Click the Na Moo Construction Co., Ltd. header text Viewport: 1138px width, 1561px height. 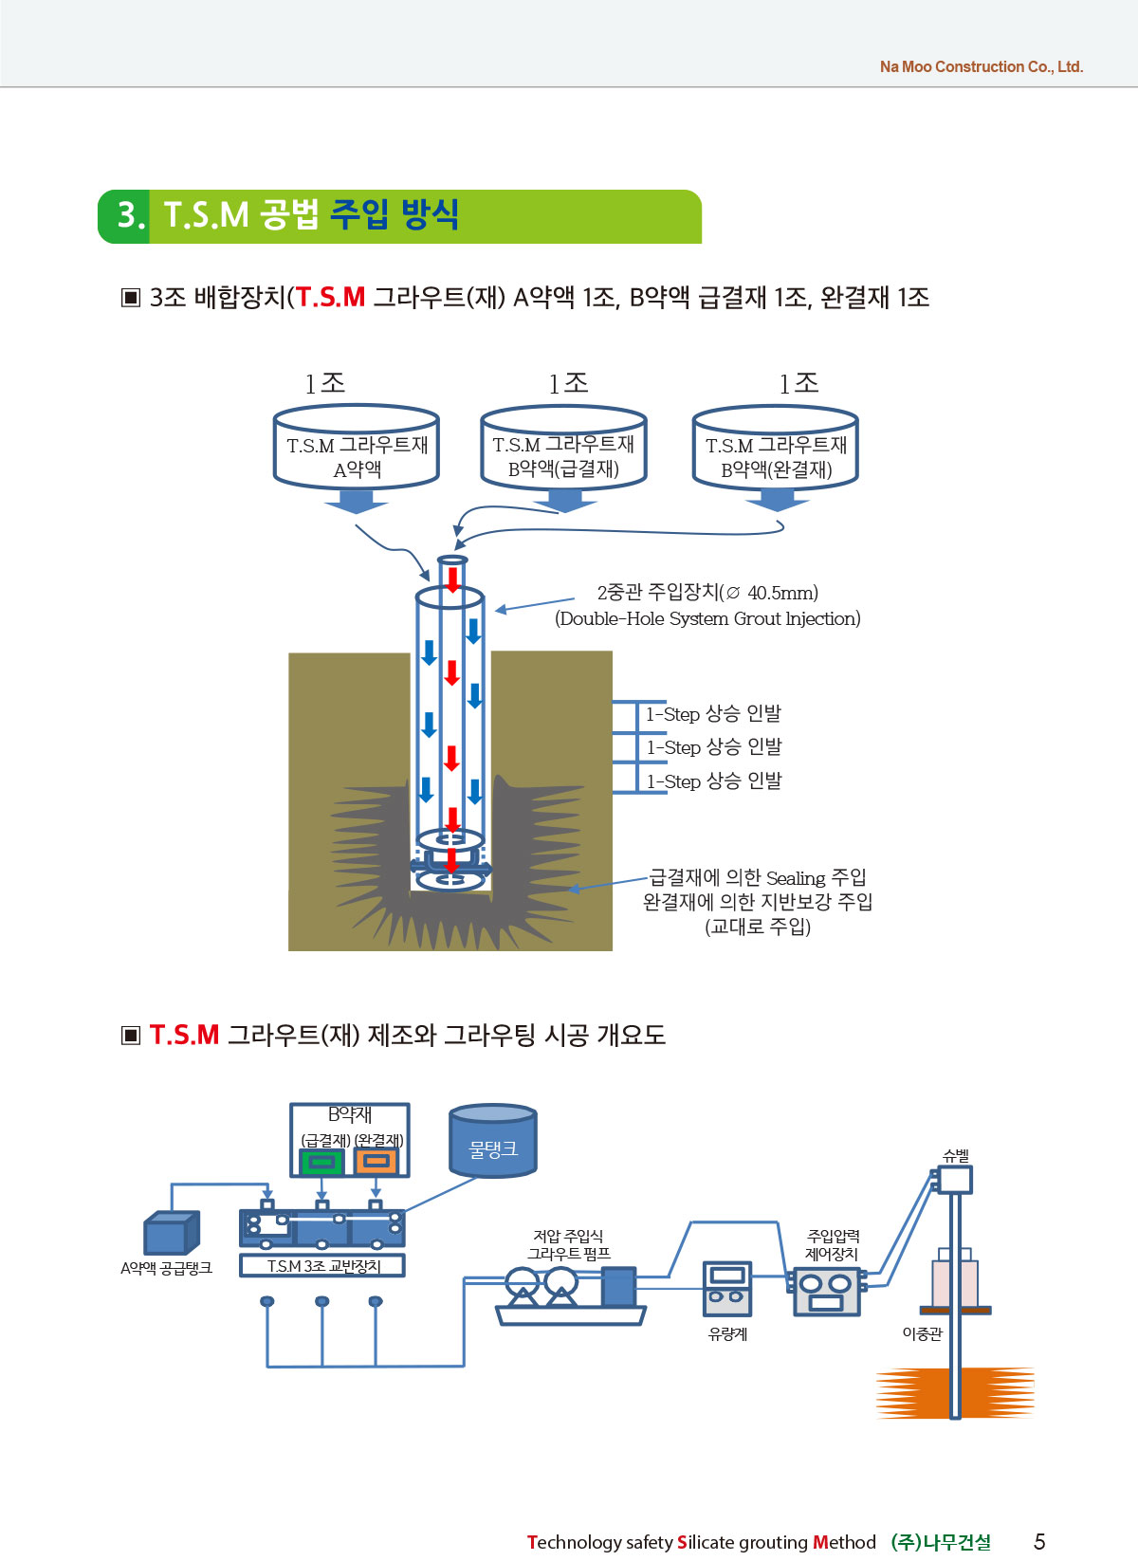[981, 66]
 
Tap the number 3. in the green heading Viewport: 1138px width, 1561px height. [131, 214]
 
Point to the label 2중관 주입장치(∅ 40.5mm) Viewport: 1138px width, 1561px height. [707, 593]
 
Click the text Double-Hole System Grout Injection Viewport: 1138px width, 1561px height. [707, 618]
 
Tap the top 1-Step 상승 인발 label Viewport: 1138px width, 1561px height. [713, 714]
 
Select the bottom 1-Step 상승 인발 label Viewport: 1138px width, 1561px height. [713, 781]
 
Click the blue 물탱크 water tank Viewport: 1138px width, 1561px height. [492, 1142]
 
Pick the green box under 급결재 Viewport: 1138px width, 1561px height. [321, 1162]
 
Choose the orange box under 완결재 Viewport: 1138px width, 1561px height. [376, 1162]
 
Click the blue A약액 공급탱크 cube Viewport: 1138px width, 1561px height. [171, 1233]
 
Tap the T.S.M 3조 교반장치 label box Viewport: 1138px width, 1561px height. [322, 1266]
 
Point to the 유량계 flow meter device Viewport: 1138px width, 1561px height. [727, 1288]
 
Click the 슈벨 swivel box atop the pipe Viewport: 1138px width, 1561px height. [954, 1179]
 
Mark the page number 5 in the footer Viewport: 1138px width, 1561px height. [1039, 1541]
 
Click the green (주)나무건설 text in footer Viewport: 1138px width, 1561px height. [941, 1542]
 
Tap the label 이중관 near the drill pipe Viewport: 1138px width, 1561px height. [922, 1333]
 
